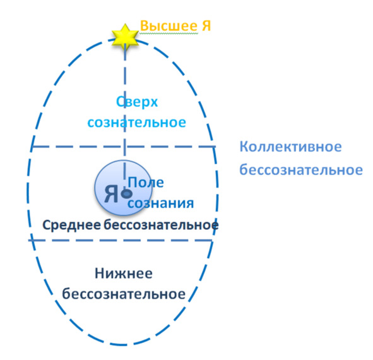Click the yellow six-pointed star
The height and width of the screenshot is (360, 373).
[125, 38]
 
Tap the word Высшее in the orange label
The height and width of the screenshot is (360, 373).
[169, 26]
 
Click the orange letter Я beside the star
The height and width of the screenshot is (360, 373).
[206, 26]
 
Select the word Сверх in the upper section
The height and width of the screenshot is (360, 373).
[137, 102]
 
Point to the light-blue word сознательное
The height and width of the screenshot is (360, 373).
[137, 123]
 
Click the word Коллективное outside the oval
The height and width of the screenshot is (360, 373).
[290, 147]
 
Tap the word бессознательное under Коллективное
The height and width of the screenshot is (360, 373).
[301, 170]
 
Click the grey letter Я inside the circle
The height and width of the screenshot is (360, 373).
[111, 193]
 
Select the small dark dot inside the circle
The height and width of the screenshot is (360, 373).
[127, 193]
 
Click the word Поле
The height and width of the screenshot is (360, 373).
[146, 183]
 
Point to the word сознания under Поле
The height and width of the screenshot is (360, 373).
[161, 203]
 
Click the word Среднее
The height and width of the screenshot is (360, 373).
[71, 225]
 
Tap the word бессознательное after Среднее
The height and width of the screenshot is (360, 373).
[161, 225]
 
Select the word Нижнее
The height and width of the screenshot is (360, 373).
[124, 273]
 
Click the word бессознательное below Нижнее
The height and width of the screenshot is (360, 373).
[124, 294]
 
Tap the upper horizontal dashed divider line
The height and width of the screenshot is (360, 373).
[124, 147]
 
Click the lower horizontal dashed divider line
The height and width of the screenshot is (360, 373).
[121, 241]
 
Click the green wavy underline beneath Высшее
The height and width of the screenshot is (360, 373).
[169, 33]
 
